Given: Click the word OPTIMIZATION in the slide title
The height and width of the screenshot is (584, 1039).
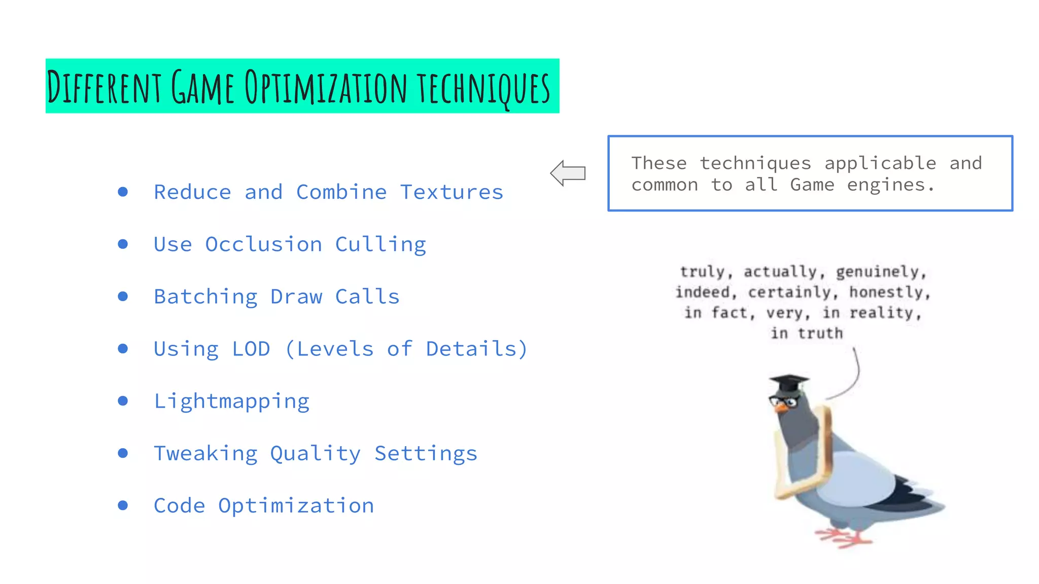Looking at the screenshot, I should click(325, 87).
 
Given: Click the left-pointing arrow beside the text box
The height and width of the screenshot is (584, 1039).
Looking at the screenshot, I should click(568, 173).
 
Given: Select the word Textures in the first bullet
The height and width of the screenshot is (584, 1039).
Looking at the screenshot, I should click(452, 193).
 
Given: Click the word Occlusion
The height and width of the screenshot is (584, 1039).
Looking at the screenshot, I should click(263, 245).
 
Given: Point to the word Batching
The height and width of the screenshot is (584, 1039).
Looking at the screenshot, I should click(205, 297).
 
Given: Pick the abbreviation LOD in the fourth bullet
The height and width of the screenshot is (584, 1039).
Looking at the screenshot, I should click(251, 349).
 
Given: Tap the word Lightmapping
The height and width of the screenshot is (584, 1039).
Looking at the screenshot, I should click(231, 401).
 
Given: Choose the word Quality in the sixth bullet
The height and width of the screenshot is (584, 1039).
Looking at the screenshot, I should click(315, 454).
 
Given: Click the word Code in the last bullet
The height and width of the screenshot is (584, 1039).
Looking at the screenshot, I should click(179, 506).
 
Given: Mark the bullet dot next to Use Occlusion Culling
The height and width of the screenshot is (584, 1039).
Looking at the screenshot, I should click(123, 244).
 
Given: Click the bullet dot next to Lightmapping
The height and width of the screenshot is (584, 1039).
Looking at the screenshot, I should click(123, 401).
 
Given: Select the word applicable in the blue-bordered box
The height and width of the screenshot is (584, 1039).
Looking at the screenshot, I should click(880, 164).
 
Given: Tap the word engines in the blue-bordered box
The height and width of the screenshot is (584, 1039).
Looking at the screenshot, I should click(886, 185).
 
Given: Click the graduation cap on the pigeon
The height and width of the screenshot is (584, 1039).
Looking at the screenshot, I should click(788, 383).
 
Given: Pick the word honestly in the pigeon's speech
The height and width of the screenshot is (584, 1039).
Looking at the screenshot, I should click(889, 293).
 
